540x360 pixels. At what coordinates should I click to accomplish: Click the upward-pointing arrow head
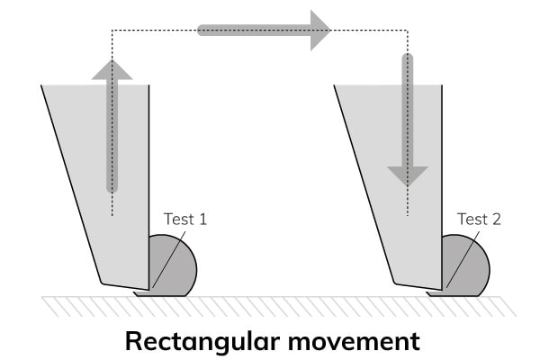[x=112, y=69]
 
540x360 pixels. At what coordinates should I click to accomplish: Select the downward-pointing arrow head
[x=408, y=175]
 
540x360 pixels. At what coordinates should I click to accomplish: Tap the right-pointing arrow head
[x=317, y=30]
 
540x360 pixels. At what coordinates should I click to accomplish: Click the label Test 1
[x=185, y=219]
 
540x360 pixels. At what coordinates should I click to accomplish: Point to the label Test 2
[x=479, y=219]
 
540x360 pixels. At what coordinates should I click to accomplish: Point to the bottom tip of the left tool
[x=103, y=283]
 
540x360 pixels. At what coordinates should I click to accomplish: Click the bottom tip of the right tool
[x=396, y=283]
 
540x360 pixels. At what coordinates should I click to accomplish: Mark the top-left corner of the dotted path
[x=112, y=31]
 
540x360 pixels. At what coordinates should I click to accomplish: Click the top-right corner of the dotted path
[x=408, y=31]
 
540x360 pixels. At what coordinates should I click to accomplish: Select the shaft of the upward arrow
[x=112, y=135]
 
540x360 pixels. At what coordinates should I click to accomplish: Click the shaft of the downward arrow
[x=408, y=108]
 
